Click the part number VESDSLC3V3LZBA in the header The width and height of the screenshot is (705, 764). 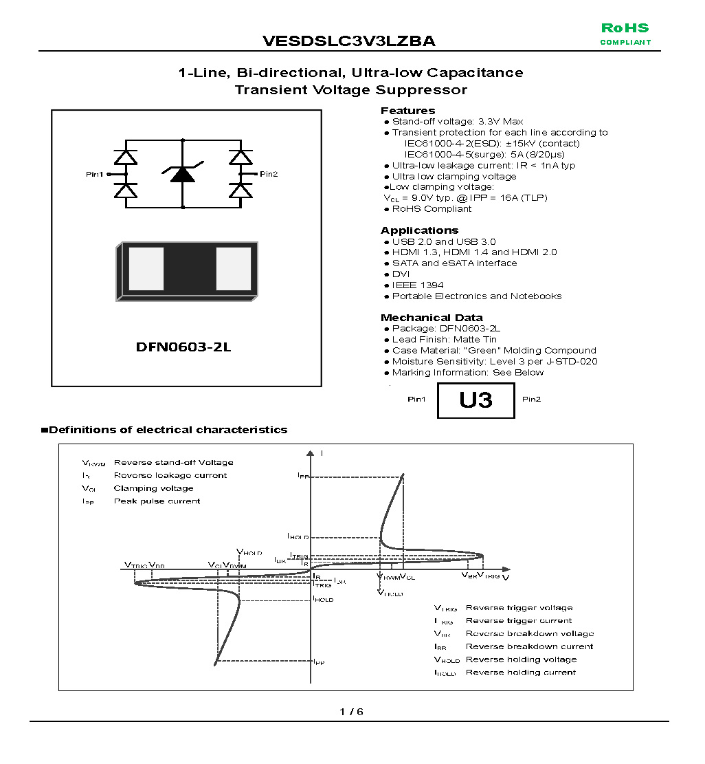pyautogui.click(x=348, y=41)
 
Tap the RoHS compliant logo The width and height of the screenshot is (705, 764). pyautogui.click(x=625, y=34)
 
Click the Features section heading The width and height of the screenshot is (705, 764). pyautogui.click(x=407, y=111)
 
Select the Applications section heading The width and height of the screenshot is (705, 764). pyautogui.click(x=419, y=230)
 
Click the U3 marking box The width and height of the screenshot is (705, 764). pyautogui.click(x=475, y=400)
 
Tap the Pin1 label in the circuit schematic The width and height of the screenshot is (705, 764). pyautogui.click(x=94, y=175)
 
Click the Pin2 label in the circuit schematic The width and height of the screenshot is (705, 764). pyautogui.click(x=269, y=174)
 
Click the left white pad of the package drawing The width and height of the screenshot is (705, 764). pyautogui.click(x=146, y=269)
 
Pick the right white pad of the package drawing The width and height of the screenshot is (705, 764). pyautogui.click(x=234, y=269)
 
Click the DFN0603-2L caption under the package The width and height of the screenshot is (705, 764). pyautogui.click(x=183, y=347)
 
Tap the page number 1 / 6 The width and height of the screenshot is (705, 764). pyautogui.click(x=351, y=712)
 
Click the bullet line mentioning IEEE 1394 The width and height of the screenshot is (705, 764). pyautogui.click(x=417, y=285)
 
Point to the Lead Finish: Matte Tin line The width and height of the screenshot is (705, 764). pyautogui.click(x=444, y=340)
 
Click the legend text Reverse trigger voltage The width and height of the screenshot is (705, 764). pyautogui.click(x=519, y=608)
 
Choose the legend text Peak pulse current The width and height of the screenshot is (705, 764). pyautogui.click(x=157, y=501)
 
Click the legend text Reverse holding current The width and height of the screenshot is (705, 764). pyautogui.click(x=521, y=673)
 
